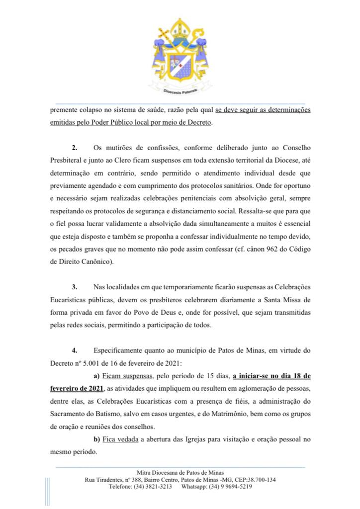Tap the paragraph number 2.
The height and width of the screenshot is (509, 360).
click(76, 148)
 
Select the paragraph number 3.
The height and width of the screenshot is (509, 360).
click(76, 287)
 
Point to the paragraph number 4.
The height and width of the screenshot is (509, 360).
click(76, 350)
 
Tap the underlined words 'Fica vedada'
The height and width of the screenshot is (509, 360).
click(120, 439)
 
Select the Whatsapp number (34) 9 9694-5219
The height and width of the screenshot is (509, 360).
click(230, 487)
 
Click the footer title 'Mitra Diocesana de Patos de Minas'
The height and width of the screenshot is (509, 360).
click(180, 472)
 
